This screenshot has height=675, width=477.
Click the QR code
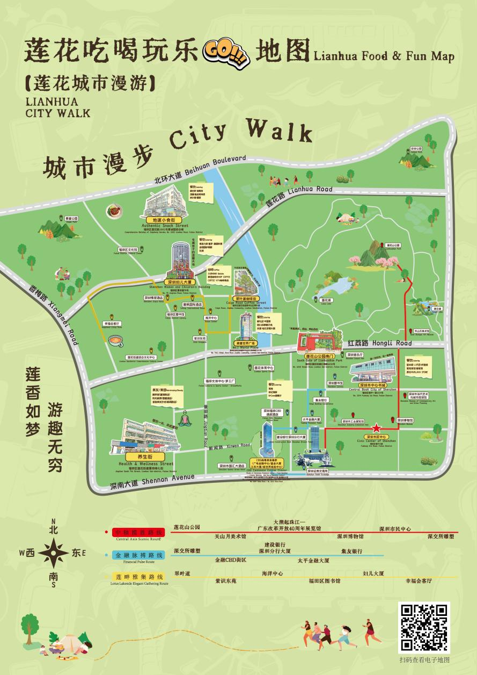[x=423, y=627]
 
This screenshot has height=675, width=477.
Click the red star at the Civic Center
[x=377, y=427]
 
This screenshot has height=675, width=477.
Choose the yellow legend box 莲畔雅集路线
[x=137, y=577]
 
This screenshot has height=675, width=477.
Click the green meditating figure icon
[x=186, y=418]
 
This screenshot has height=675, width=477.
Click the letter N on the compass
[x=53, y=522]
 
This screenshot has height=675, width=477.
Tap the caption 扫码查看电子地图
[x=424, y=660]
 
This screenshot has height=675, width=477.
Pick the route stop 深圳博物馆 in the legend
[x=350, y=536]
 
